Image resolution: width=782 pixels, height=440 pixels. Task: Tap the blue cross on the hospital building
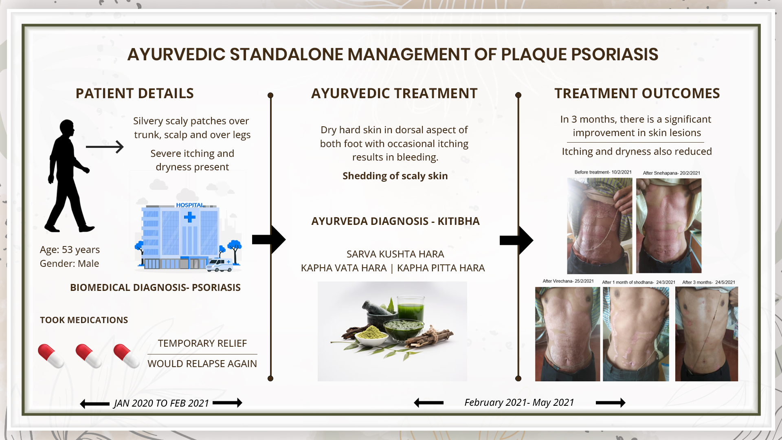(x=189, y=217)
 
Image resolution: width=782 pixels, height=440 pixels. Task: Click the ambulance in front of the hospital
(x=220, y=265)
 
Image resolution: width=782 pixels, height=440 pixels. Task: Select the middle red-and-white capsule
(x=88, y=356)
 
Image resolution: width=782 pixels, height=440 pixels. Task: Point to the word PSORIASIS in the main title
(x=580, y=54)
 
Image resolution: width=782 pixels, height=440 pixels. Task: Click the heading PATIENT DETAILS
(x=134, y=93)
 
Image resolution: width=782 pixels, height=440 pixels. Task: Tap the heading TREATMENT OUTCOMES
(x=637, y=93)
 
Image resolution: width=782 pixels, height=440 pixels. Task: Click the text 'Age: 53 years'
(x=70, y=250)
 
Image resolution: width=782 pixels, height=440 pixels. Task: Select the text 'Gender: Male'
(x=69, y=264)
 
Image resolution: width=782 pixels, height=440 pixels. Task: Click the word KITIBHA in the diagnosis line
(x=459, y=221)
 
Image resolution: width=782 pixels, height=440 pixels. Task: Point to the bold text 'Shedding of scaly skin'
(x=395, y=176)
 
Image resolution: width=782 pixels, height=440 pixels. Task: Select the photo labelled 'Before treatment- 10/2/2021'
(x=600, y=226)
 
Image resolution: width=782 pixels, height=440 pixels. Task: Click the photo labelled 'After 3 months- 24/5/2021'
(x=707, y=334)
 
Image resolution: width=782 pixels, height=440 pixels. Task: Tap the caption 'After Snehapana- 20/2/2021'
(x=671, y=173)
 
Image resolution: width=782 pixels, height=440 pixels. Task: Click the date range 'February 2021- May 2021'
(x=519, y=403)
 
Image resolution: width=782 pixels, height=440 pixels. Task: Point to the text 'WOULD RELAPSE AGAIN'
(x=202, y=364)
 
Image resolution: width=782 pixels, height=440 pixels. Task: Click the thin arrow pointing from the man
(x=105, y=147)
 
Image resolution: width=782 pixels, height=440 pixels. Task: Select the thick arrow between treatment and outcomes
(x=516, y=240)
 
